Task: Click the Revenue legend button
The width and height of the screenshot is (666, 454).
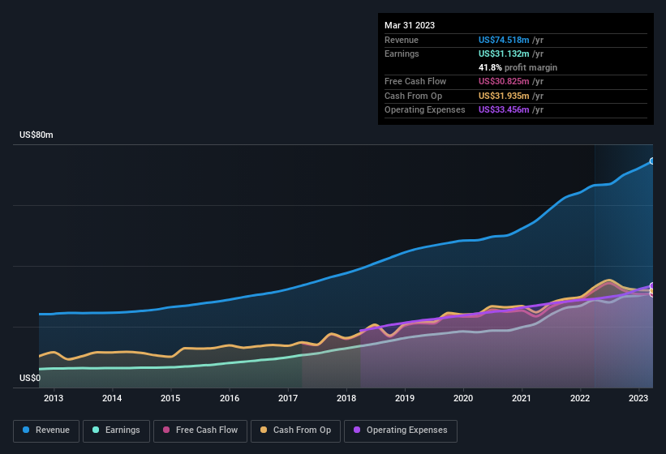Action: point(47,430)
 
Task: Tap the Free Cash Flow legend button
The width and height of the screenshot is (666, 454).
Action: point(200,430)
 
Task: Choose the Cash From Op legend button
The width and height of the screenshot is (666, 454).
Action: point(295,430)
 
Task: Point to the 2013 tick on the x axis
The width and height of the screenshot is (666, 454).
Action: point(54,398)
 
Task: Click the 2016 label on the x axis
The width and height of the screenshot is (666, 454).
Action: point(230,398)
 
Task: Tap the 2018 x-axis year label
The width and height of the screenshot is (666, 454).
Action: point(346,398)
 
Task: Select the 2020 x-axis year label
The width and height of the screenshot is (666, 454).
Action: point(463,398)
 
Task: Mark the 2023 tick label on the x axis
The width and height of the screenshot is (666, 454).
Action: point(638,398)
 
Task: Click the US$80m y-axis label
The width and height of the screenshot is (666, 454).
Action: point(37,135)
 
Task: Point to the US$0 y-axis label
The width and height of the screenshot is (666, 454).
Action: point(30,378)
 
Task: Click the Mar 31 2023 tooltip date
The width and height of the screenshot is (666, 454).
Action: point(410,25)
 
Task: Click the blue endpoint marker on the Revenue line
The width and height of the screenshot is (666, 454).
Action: point(652,161)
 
